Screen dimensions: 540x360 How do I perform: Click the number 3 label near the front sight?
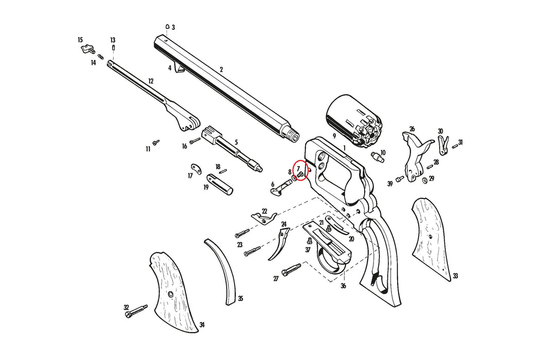[173, 27]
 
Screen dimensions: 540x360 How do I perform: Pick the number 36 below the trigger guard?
[344, 286]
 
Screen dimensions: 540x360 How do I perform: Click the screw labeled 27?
[292, 269]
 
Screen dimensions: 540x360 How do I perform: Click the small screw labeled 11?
[156, 141]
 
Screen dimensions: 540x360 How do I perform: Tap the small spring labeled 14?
[100, 57]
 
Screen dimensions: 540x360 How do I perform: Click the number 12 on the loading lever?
[151, 81]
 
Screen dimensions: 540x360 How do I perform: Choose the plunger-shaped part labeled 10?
[379, 156]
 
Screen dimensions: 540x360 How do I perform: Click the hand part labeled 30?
[443, 145]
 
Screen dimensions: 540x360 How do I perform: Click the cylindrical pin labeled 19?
[220, 184]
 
